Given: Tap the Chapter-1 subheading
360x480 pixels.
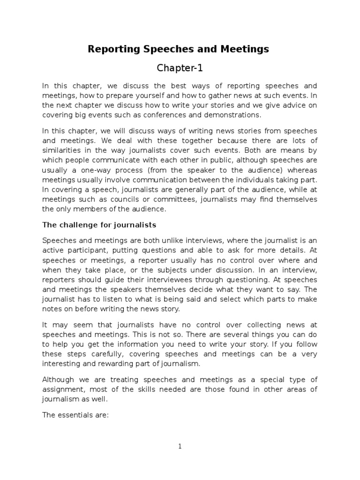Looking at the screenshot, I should coord(180,68).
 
